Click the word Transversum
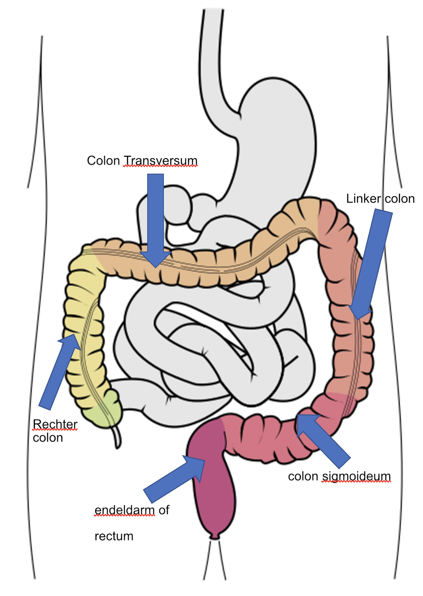point(160,161)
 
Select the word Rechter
point(55,425)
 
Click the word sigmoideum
point(356,476)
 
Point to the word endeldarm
point(125,510)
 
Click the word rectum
point(113,536)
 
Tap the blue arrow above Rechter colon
point(60,370)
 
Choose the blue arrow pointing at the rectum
point(175,479)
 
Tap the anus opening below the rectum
point(214,537)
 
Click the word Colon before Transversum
point(103,161)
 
